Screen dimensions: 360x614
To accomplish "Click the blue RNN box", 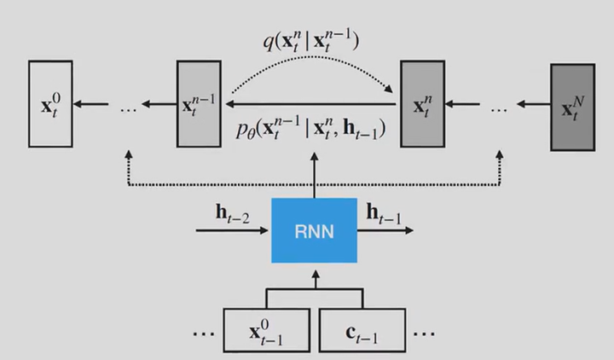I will [314, 229].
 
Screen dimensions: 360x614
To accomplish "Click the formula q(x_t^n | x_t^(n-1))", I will [312, 40].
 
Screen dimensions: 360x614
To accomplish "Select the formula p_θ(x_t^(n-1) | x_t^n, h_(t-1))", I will [310, 130].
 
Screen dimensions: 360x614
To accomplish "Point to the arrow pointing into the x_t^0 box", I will [90, 105].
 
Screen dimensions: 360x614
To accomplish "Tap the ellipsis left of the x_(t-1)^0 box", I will [204, 333].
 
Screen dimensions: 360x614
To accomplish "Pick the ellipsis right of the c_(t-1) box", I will [424, 333].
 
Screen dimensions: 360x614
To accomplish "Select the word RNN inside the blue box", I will [314, 230].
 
